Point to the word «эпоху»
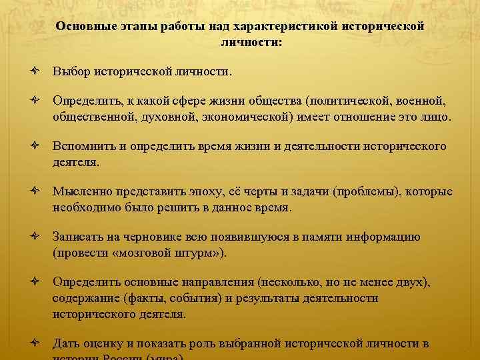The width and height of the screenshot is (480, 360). (x=188, y=191)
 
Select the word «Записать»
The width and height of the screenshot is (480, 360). (x=78, y=237)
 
